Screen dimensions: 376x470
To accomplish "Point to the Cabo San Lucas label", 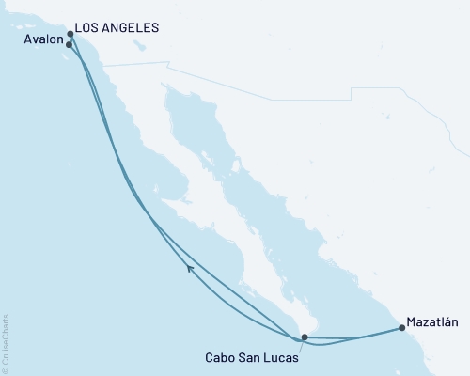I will click(250, 357).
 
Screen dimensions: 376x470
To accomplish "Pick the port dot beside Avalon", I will click(70, 43).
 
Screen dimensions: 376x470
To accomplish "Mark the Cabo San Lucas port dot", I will click(304, 336).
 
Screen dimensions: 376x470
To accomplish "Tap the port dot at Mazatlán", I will click(402, 328).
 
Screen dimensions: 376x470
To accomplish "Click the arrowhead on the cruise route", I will click(190, 269).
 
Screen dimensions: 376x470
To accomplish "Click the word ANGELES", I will click(131, 27).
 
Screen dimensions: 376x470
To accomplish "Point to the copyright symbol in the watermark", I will click(6, 368).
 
